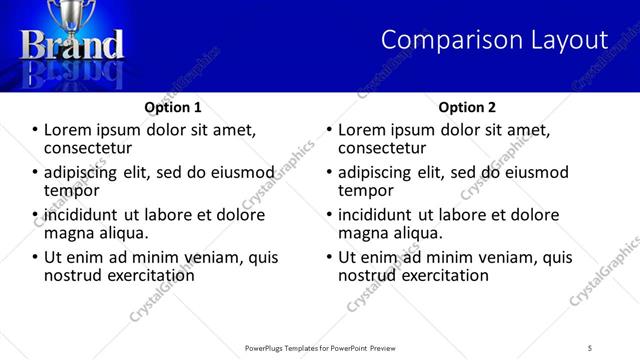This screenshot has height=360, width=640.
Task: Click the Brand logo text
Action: (73, 45)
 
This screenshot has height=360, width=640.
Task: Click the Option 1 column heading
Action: (173, 107)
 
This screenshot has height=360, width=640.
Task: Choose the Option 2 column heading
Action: (467, 107)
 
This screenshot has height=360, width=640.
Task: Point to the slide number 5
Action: (590, 347)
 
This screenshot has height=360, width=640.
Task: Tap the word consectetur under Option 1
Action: (88, 148)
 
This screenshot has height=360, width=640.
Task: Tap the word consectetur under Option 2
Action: (382, 148)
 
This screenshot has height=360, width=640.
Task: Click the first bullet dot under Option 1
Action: (36, 130)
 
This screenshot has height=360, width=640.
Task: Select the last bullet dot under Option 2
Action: (330, 257)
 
